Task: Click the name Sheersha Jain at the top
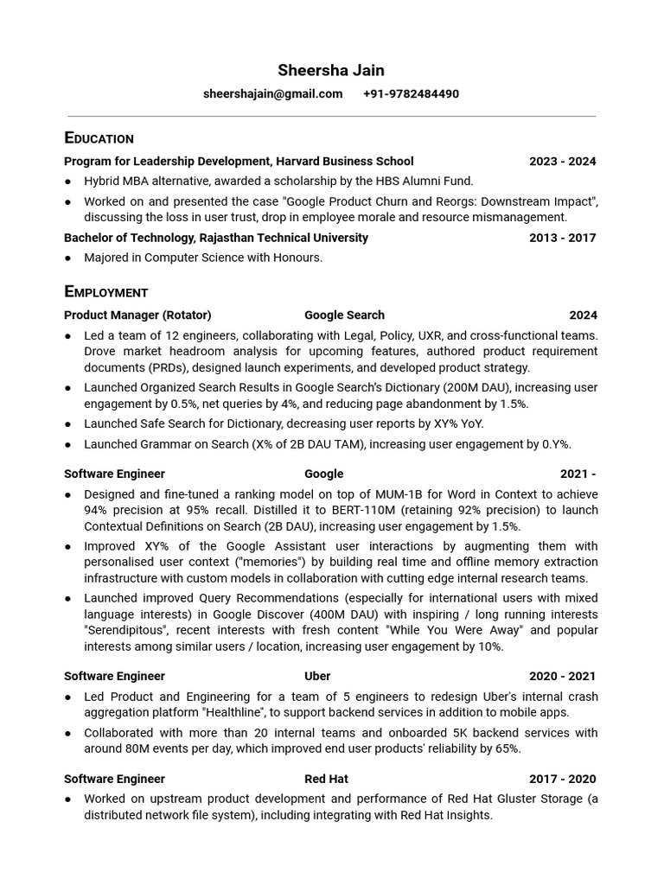coord(331,70)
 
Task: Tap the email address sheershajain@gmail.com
coord(272,93)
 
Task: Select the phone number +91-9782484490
coord(411,93)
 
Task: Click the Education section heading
coord(99,138)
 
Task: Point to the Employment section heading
coord(105,292)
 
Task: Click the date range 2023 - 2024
coord(562,162)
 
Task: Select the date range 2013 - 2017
coord(562,238)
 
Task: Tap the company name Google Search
coord(344,315)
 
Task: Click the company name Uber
coord(317,677)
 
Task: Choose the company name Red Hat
coord(326,779)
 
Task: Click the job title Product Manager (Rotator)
coord(137,315)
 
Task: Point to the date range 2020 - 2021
coord(562,677)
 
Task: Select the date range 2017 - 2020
coord(562,779)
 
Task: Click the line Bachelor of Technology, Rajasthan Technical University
coord(216,238)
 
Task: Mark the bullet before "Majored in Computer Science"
coord(68,258)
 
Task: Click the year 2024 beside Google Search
coord(583,315)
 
